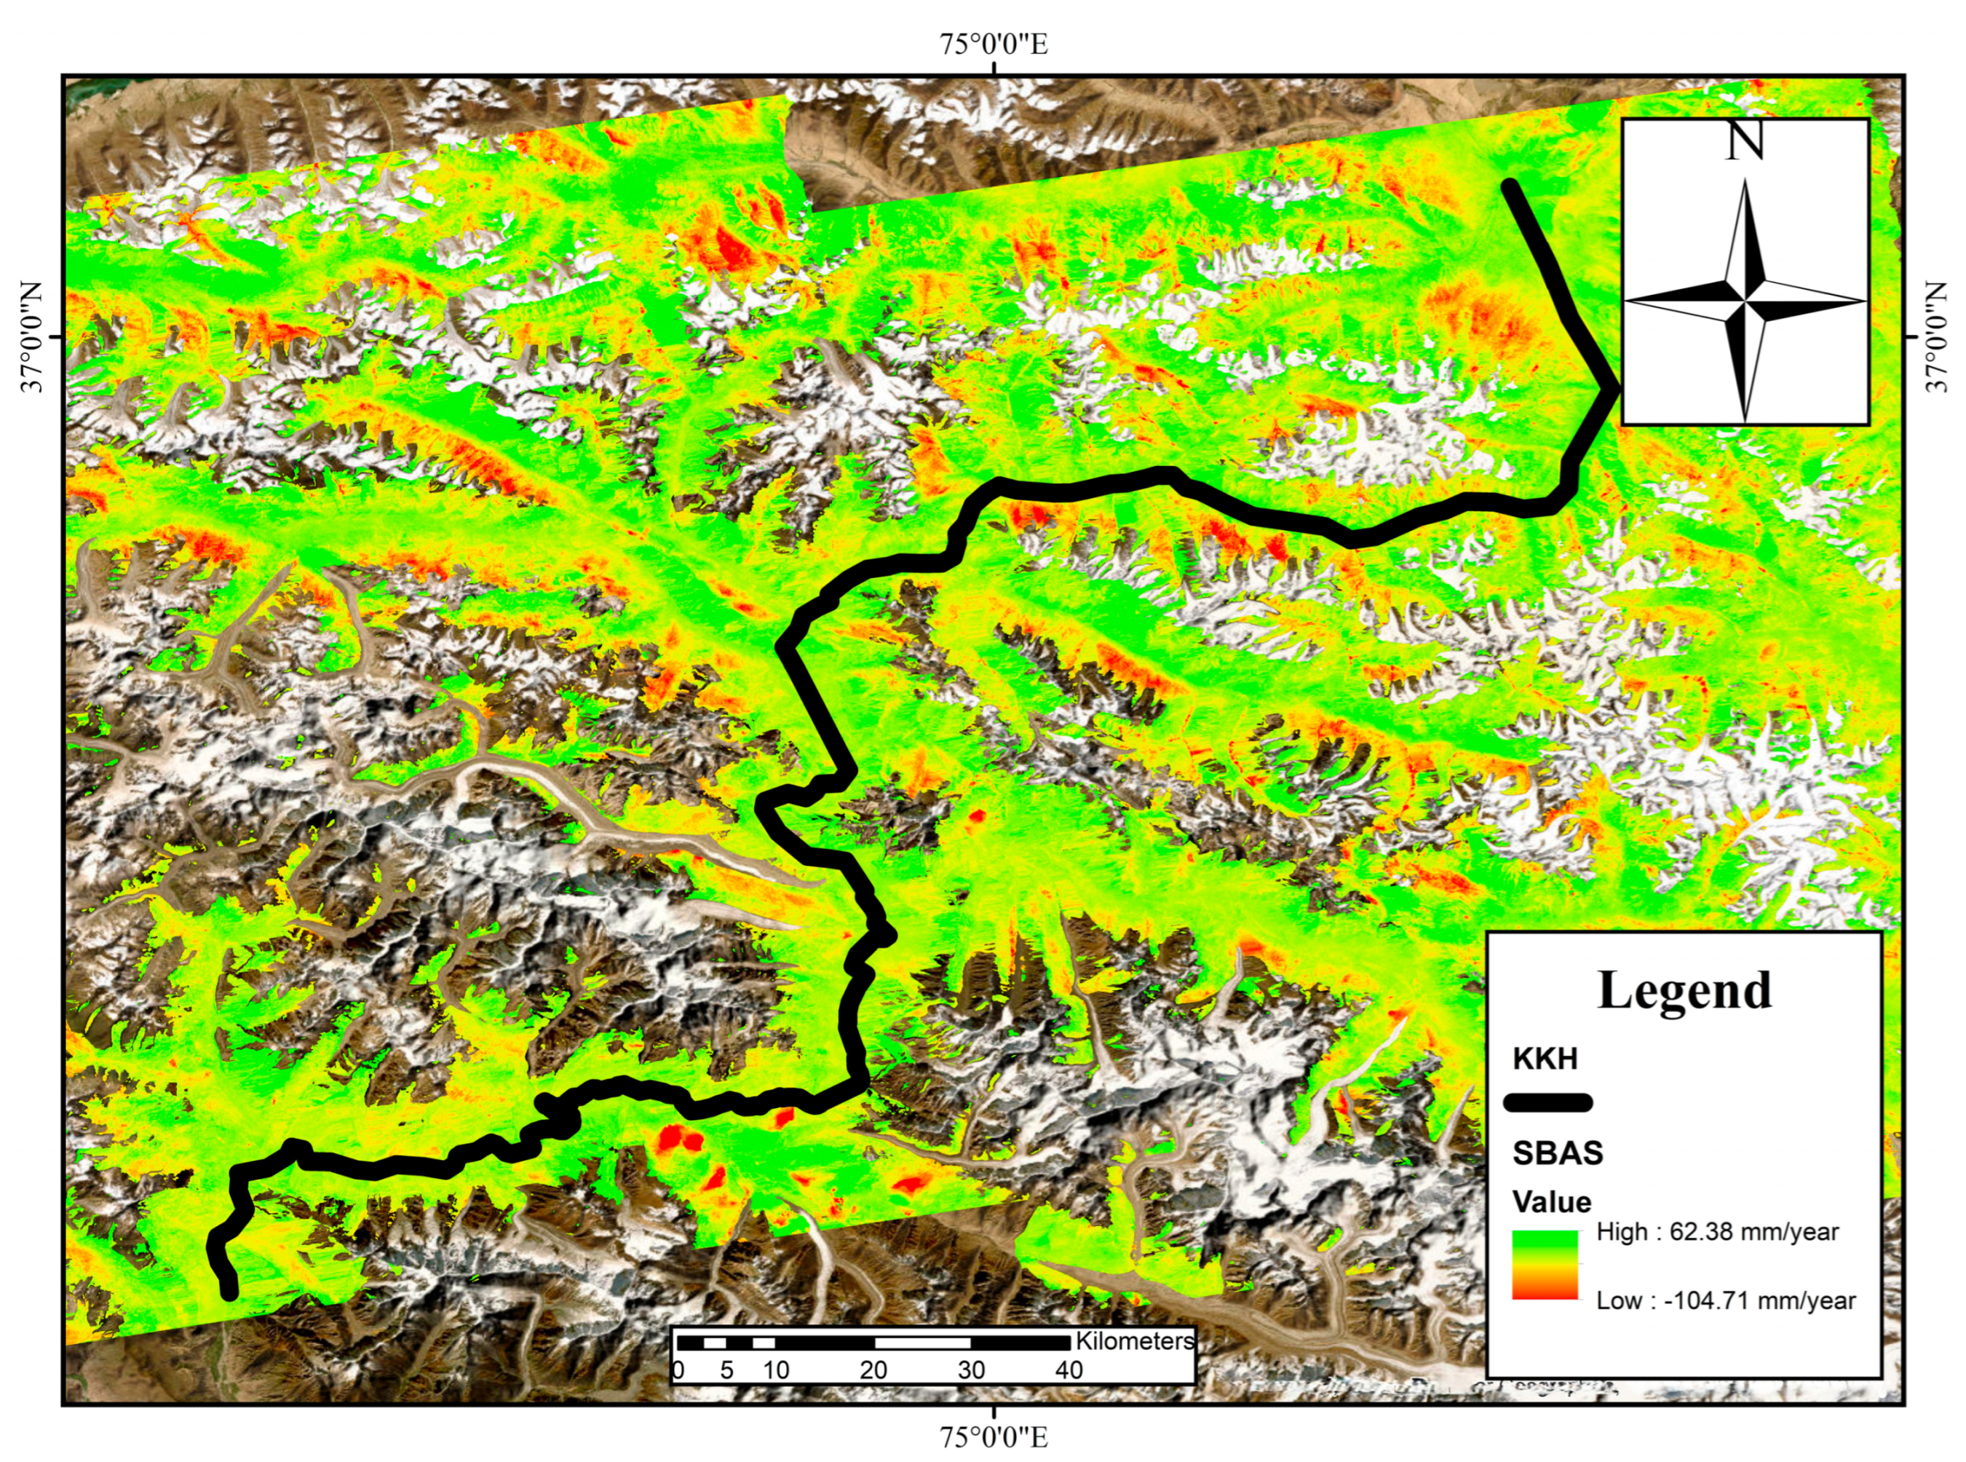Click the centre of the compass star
coord(1745,301)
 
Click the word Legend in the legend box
coord(1684,990)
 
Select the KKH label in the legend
coord(1545,1059)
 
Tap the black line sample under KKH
coord(1547,1103)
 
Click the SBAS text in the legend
coord(1557,1153)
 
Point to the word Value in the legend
coord(1551,1202)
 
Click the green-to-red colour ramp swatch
coord(1545,1265)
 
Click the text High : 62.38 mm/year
coord(1716,1232)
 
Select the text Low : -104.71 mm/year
coord(1725,1300)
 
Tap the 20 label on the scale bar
coord(873,1370)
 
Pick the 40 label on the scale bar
coord(1069,1370)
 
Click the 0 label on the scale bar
coord(678,1370)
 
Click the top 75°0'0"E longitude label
coord(994,44)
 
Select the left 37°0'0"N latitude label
coord(32,336)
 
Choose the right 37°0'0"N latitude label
coord(1937,336)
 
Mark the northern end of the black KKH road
coord(1510,186)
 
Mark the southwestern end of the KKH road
coord(229,1293)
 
